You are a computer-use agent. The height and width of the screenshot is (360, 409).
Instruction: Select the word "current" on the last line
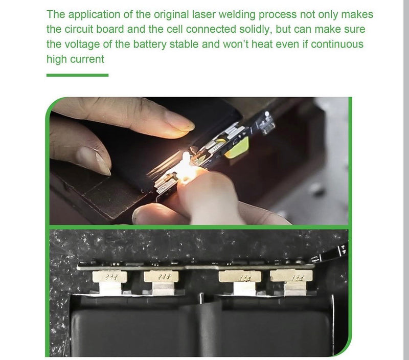pos(88,59)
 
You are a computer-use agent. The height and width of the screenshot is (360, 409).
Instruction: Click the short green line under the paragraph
pos(77,75)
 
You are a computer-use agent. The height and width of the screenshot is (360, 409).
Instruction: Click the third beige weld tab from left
pos(239,277)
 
